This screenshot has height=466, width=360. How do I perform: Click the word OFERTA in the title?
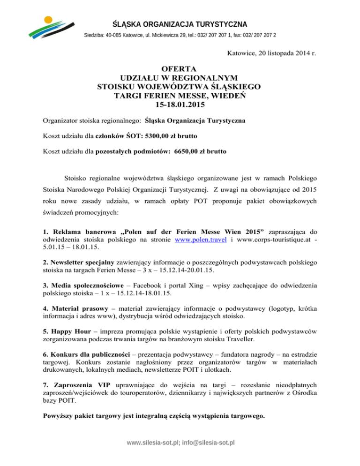(x=180, y=68)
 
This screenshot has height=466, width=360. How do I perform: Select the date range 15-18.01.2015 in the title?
(x=180, y=105)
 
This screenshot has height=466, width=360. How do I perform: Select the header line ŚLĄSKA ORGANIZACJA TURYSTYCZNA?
(x=180, y=24)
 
